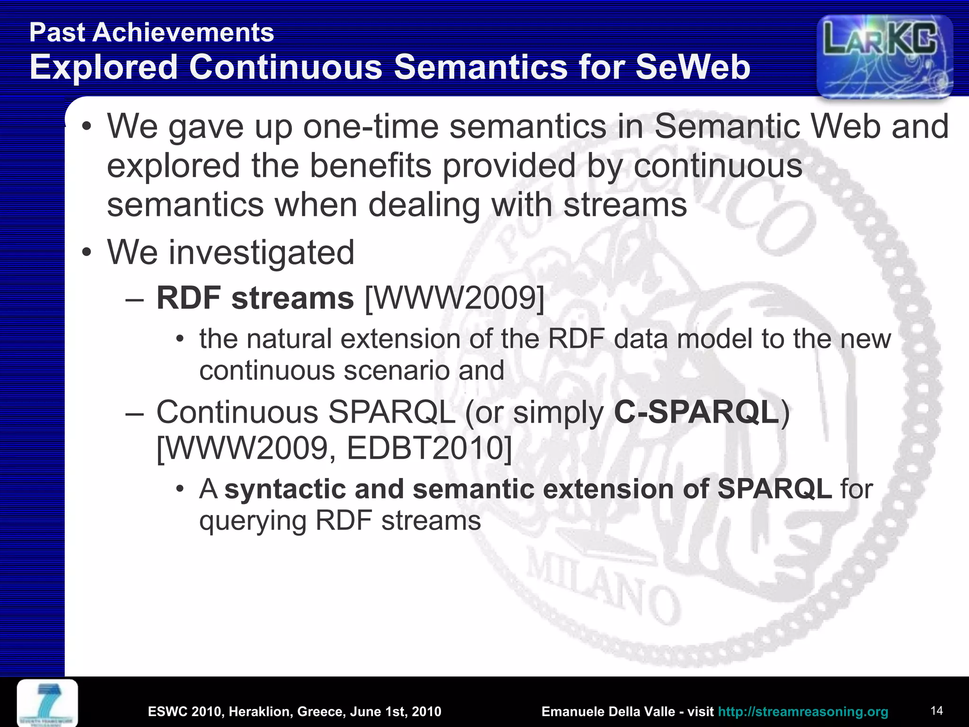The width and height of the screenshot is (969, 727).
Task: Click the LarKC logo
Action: click(x=884, y=56)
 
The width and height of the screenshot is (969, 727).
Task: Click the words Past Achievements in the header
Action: click(x=151, y=33)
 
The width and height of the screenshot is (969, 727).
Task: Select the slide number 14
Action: click(x=936, y=710)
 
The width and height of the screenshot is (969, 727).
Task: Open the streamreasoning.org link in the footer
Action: click(x=803, y=711)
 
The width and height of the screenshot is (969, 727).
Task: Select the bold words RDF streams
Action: click(x=255, y=299)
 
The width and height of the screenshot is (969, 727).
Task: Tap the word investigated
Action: click(x=261, y=252)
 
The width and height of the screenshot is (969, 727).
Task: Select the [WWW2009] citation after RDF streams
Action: click(x=455, y=299)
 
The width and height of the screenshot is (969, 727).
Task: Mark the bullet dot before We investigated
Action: click(x=86, y=253)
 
